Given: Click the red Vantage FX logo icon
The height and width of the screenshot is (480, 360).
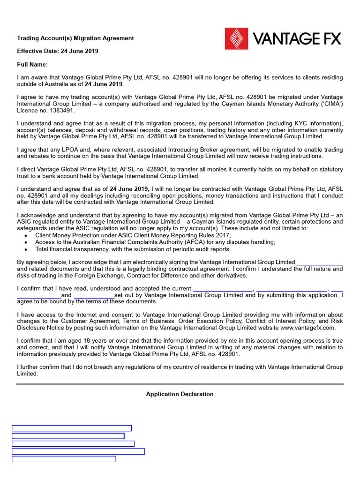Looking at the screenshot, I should point(237,38).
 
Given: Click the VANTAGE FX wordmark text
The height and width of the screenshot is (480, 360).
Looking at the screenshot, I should point(297,38).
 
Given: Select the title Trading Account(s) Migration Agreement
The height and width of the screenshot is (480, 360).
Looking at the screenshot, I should point(75,38).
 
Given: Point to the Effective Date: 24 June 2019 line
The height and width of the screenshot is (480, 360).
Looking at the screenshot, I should point(58,51).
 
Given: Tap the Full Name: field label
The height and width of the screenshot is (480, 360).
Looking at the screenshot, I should point(32,64).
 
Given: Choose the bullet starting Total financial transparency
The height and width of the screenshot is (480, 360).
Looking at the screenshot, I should point(133,249).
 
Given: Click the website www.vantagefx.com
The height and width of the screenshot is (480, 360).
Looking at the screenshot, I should point(307,328).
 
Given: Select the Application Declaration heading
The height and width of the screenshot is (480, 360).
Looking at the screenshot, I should point(180,394).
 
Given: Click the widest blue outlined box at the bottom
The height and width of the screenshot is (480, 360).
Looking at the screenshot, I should point(78,451).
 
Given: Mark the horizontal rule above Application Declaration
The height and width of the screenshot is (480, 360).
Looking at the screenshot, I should point(180,384).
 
